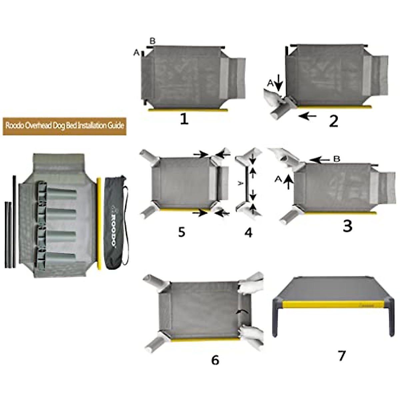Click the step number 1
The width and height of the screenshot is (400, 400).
(x=184, y=119)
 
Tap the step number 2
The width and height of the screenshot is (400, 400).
(x=333, y=122)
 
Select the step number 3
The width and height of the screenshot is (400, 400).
(x=347, y=226)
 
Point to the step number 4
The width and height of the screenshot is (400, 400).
(x=248, y=232)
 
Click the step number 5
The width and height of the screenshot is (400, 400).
(x=181, y=232)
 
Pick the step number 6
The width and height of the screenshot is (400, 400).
(x=215, y=360)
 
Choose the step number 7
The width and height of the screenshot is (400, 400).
(x=341, y=356)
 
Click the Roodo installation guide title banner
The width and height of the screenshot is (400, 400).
(x=65, y=126)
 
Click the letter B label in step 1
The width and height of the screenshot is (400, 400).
(x=152, y=41)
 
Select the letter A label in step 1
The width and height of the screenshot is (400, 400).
(x=136, y=52)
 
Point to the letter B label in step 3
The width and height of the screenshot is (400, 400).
(x=337, y=159)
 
